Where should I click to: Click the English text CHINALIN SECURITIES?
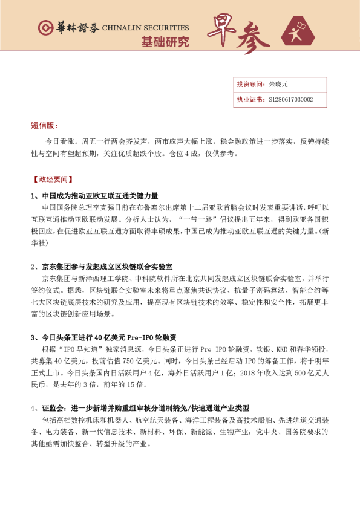pos(145,28)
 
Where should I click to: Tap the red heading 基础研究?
pos(165,42)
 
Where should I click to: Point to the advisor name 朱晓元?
pos(278,85)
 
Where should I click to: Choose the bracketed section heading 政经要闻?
pos(53,180)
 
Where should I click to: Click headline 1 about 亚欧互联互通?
pos(94,196)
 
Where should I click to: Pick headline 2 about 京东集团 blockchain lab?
pos(102,266)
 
